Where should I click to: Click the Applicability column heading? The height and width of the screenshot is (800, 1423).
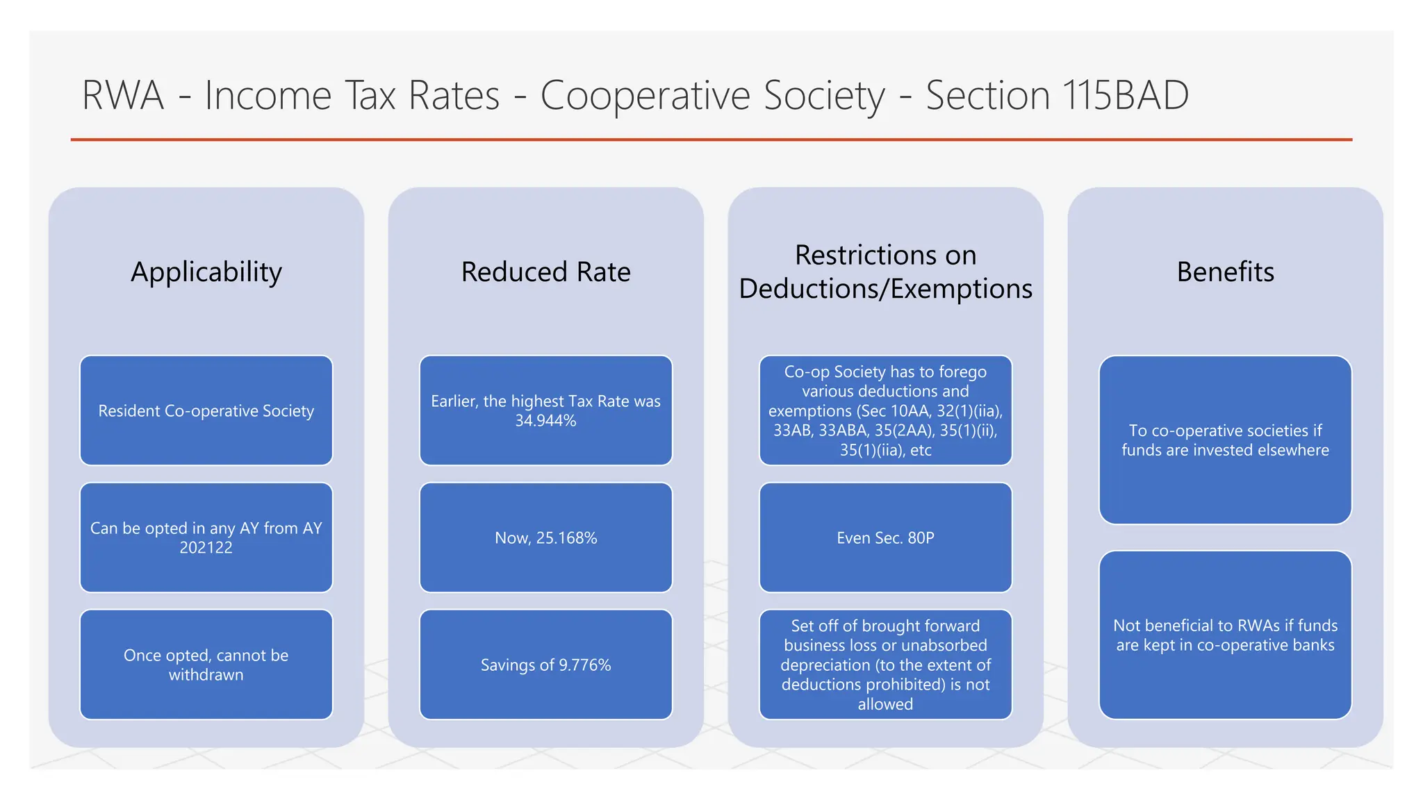(206, 272)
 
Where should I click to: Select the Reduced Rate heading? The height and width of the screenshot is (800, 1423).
(545, 272)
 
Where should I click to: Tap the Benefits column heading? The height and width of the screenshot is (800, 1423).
(1225, 272)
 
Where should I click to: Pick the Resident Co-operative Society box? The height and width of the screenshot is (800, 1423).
(206, 410)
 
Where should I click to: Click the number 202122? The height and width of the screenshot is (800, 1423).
(206, 548)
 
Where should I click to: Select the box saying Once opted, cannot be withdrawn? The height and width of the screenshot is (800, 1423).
(206, 665)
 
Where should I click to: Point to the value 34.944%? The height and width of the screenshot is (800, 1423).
(545, 421)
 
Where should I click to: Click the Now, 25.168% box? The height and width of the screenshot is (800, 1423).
(545, 537)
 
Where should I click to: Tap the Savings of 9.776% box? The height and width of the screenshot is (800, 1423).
(545, 665)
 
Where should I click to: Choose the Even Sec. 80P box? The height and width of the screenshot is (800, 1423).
(885, 537)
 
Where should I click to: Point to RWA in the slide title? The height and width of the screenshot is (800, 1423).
(123, 95)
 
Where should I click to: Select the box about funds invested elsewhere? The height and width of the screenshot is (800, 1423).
(1225, 440)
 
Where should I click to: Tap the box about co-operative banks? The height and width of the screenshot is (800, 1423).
(1225, 635)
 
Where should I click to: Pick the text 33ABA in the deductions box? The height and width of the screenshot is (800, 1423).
(844, 431)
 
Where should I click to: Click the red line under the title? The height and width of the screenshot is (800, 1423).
(711, 140)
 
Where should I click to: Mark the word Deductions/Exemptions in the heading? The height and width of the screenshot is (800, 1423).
(885, 289)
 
